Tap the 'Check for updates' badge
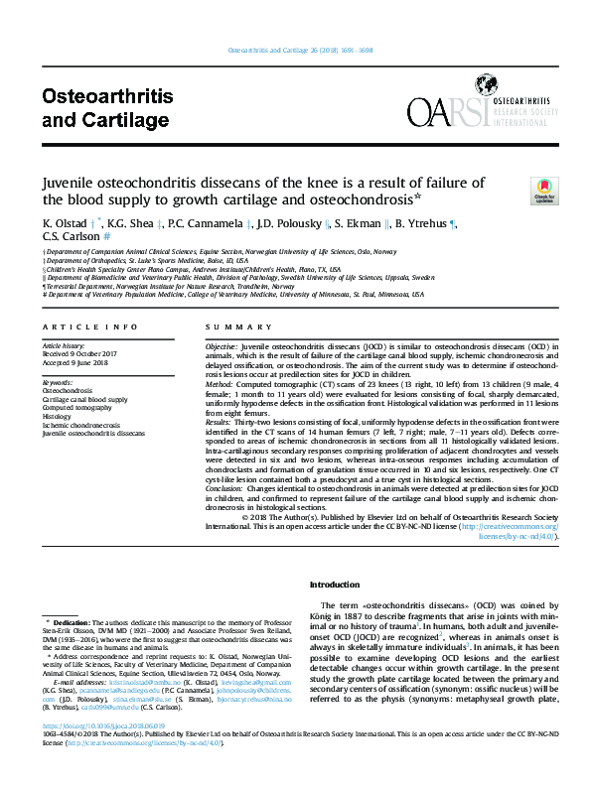point(544,190)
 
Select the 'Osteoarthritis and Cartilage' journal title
point(107,108)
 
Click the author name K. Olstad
point(64,224)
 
